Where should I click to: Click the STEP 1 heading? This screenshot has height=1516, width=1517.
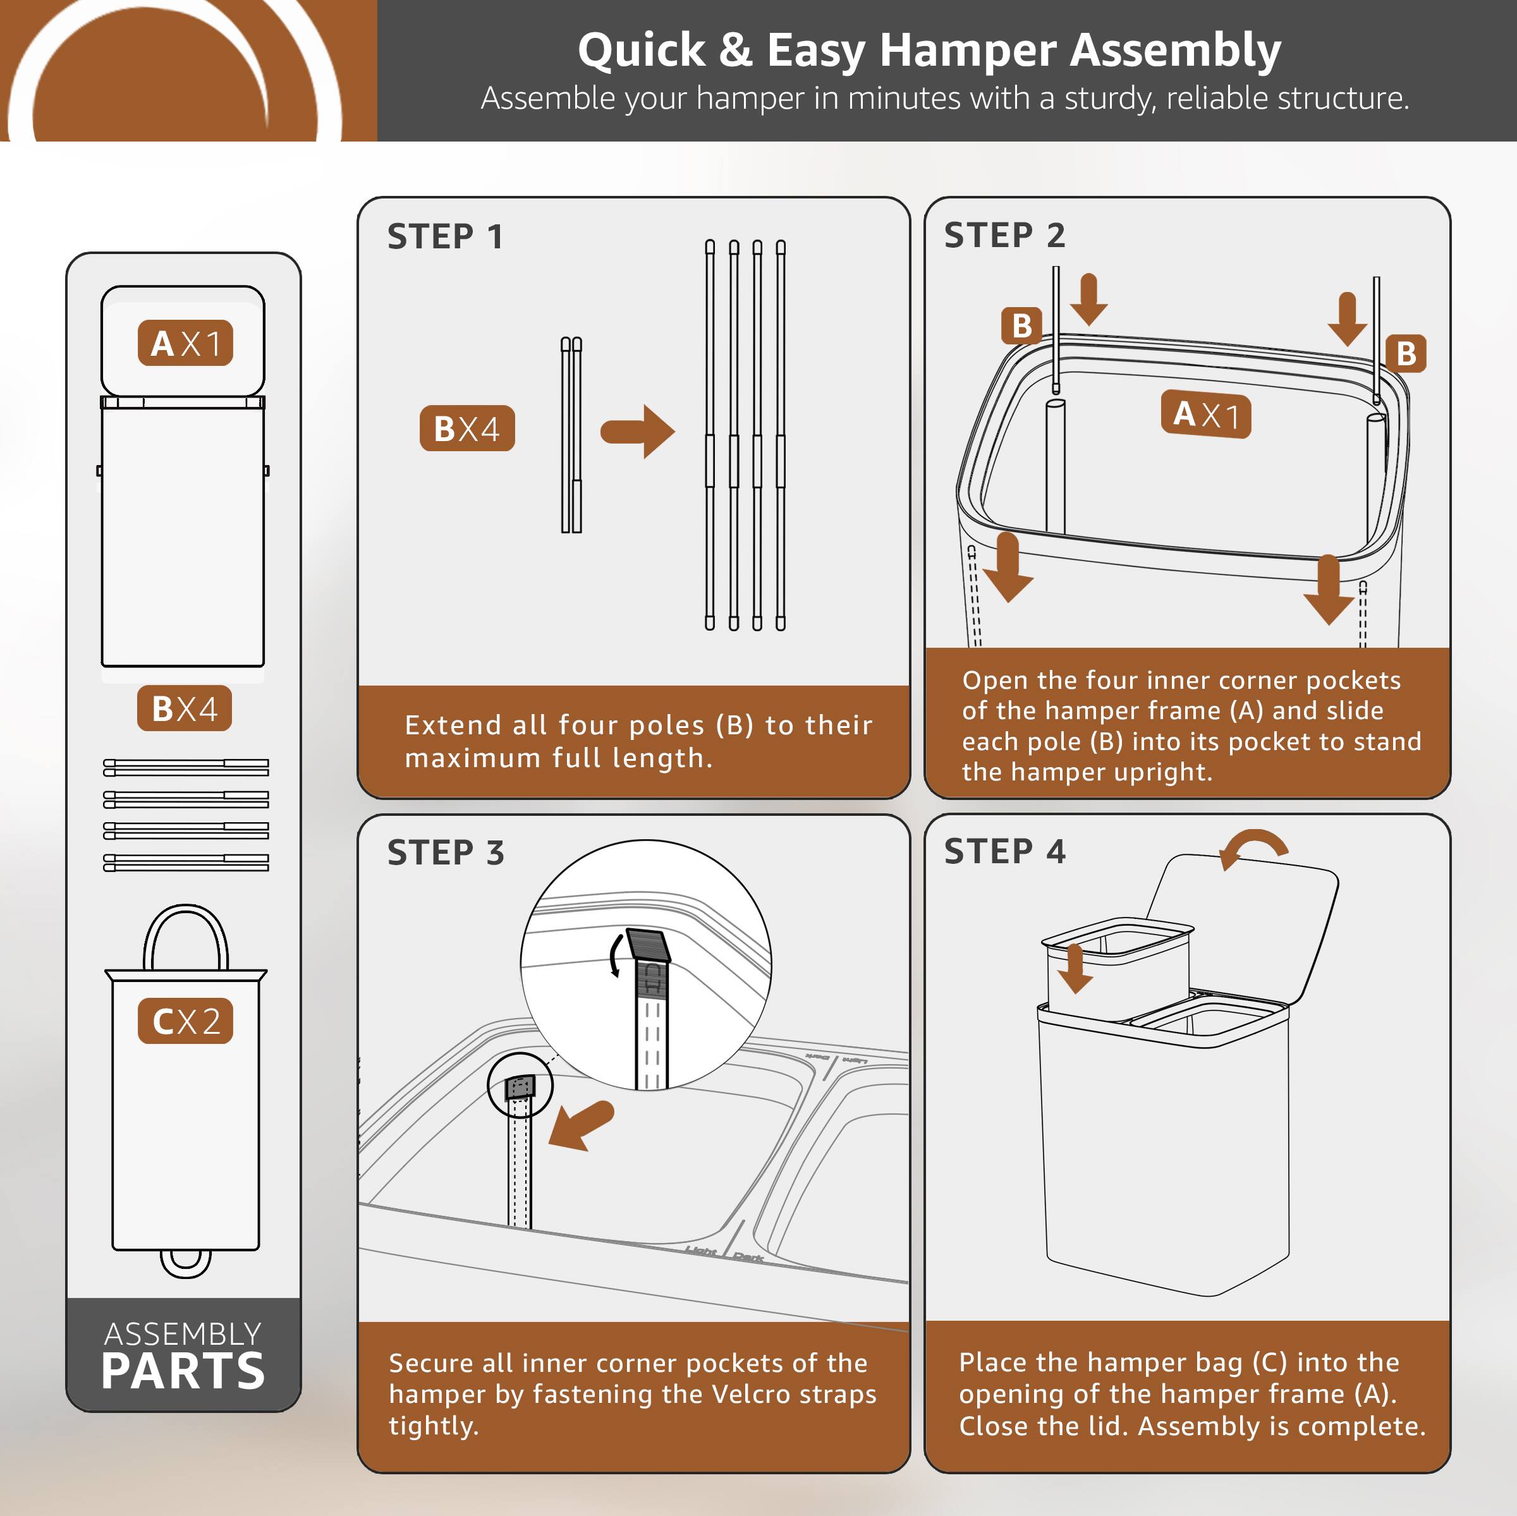click(x=444, y=236)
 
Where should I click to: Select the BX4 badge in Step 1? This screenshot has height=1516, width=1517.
click(x=466, y=428)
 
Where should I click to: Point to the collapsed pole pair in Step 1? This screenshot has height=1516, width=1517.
click(x=571, y=436)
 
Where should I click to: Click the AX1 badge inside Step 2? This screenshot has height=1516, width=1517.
click(x=1205, y=414)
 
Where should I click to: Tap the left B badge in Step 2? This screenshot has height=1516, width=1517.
click(x=1021, y=325)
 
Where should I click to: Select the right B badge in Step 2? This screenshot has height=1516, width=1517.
click(x=1406, y=353)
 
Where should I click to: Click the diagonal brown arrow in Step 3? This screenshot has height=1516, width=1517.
click(x=581, y=1124)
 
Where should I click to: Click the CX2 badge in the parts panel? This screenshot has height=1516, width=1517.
click(x=185, y=1021)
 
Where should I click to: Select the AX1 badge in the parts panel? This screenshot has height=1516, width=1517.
click(x=185, y=343)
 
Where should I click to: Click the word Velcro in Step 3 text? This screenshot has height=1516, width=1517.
click(x=749, y=1393)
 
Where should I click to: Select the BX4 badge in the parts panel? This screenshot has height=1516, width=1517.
click(x=185, y=708)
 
